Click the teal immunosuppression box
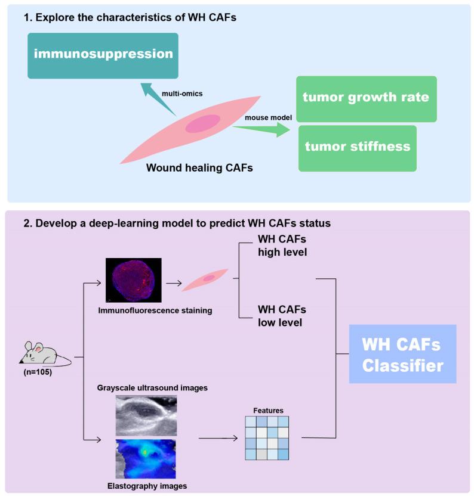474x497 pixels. click(x=103, y=55)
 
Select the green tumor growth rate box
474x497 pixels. click(x=365, y=98)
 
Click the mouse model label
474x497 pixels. click(x=269, y=118)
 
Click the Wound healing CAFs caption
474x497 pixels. click(x=199, y=168)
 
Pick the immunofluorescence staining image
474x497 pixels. click(x=134, y=279)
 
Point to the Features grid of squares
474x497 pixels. click(x=267, y=437)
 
